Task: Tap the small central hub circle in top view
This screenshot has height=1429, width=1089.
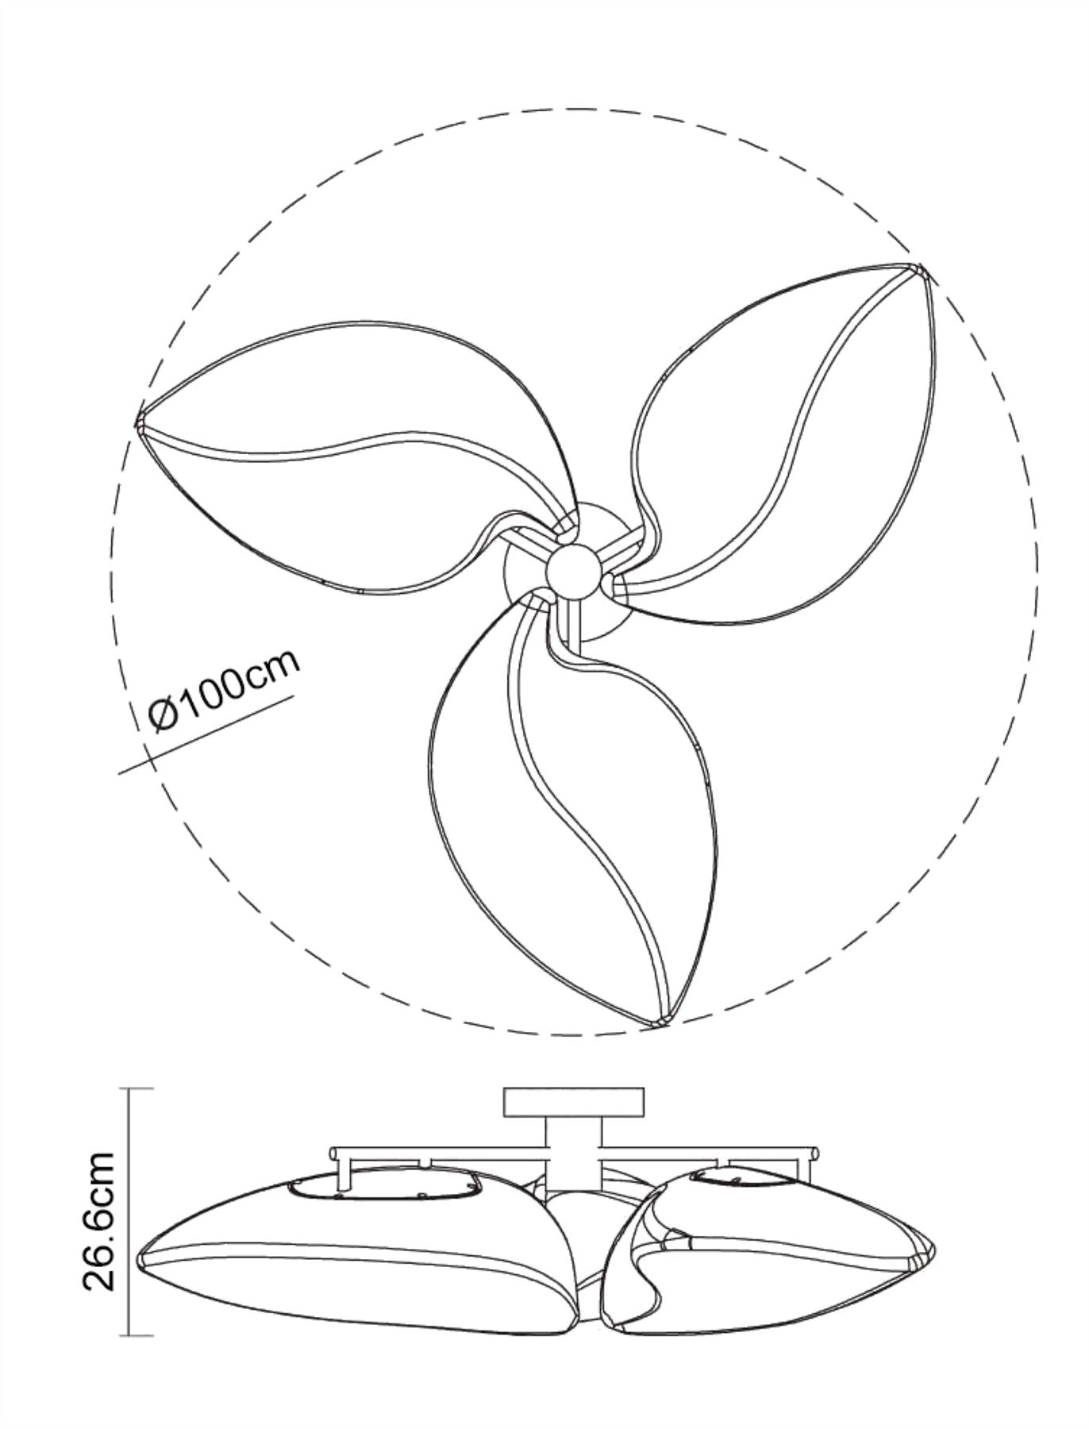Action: coord(573,569)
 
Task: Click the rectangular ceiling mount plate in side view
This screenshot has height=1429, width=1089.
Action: coord(573,1102)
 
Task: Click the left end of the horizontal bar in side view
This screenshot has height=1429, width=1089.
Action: coord(334,1152)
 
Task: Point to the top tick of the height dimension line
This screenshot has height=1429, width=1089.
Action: coord(140,1088)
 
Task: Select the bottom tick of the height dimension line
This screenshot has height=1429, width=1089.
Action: coord(140,1335)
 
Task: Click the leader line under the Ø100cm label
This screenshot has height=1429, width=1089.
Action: coord(206,734)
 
